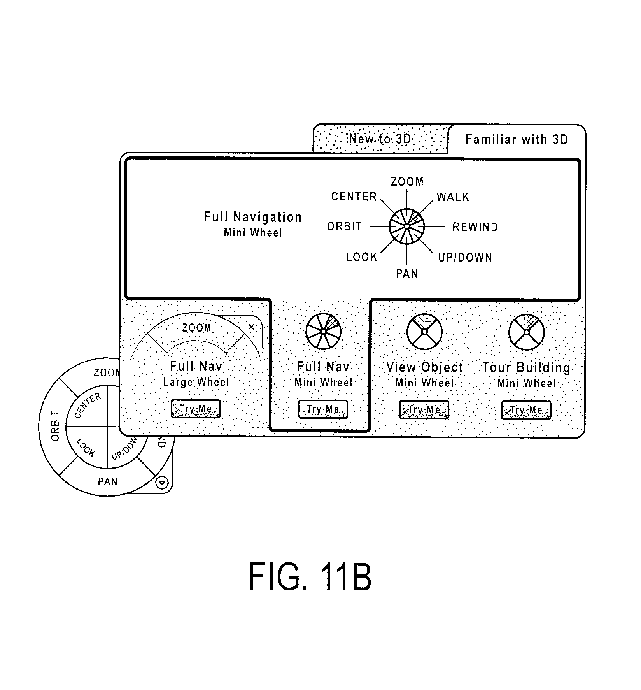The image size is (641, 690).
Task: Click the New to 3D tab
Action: [380, 139]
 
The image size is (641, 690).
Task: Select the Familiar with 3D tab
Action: [517, 139]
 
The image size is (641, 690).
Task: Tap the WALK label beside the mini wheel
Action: [453, 197]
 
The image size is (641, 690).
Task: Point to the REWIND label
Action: [475, 227]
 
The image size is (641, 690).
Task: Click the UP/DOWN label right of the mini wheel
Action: [465, 257]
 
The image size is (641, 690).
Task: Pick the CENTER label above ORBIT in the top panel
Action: [354, 197]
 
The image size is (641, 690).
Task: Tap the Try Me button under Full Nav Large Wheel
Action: [196, 409]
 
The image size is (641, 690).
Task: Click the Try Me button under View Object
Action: [424, 410]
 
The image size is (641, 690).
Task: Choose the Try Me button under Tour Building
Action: [526, 410]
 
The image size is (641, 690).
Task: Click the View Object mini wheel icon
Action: [424, 332]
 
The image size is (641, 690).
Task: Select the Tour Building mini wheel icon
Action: [526, 332]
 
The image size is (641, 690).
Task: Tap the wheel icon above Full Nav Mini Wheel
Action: [323, 331]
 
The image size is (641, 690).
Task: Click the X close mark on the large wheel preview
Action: [251, 327]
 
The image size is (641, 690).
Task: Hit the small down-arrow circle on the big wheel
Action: [163, 483]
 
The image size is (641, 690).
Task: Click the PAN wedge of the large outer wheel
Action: [107, 482]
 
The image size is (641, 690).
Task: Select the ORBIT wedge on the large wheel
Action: [55, 426]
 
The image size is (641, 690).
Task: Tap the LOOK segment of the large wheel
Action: [86, 448]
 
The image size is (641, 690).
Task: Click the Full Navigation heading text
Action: [253, 217]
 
